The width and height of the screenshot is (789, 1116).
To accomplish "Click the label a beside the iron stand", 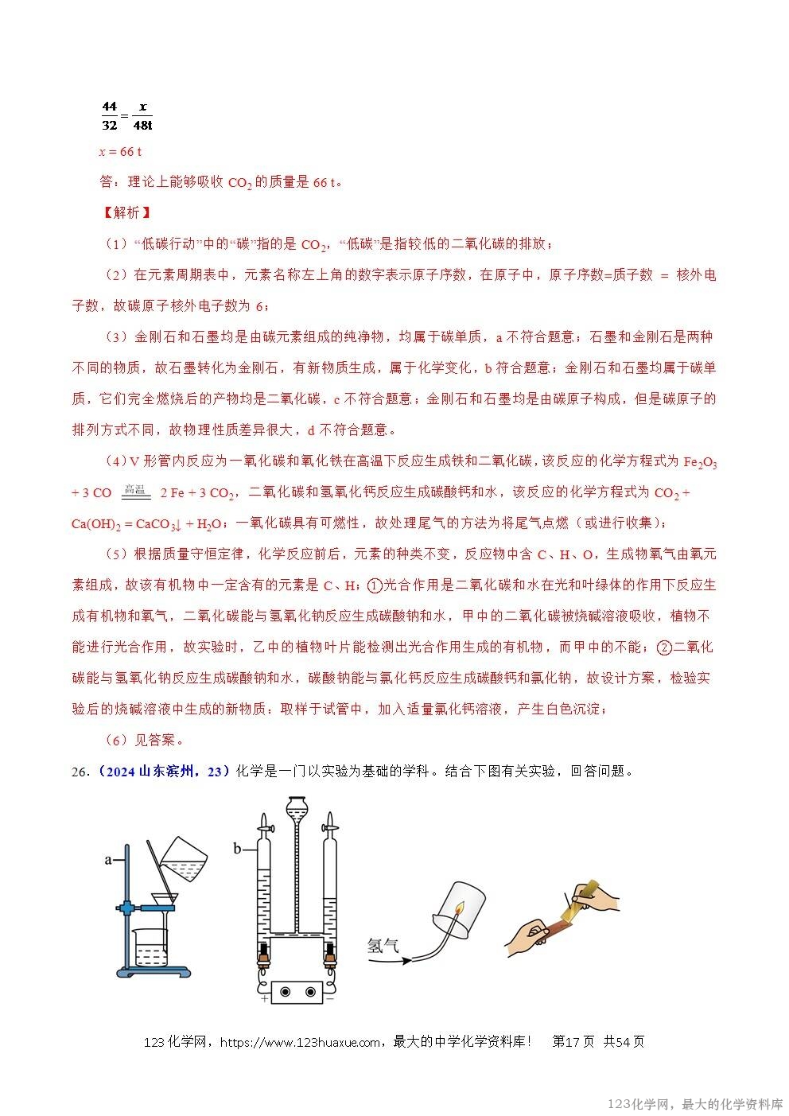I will tap(107, 859).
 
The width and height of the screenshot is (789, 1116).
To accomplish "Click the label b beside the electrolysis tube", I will tap(237, 850).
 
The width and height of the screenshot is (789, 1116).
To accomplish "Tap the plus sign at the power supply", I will tap(264, 998).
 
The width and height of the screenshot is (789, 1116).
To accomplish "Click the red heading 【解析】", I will tap(125, 212).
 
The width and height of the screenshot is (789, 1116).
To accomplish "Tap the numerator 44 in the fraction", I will tap(110, 107).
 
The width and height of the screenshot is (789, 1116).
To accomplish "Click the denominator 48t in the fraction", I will tap(143, 125).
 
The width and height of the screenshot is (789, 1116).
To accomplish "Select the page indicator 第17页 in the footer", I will tap(573, 1042).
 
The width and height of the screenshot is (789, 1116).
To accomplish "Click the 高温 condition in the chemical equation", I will tap(136, 489).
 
